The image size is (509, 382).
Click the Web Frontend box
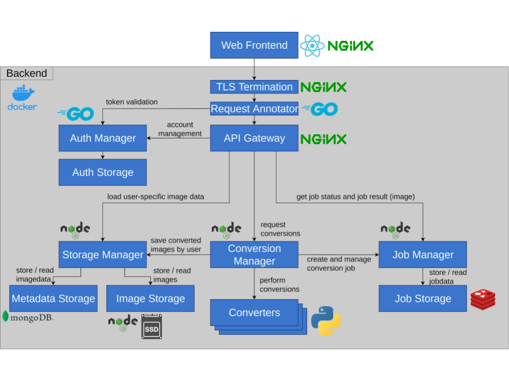[254, 45]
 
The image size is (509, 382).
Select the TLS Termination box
[254, 87]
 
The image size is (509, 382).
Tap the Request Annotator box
[254, 108]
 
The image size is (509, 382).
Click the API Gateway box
[254, 138]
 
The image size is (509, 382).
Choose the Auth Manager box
[102, 138]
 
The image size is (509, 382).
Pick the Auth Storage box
[102, 173]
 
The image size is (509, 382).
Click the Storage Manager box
[102, 255]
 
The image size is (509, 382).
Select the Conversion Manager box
[254, 255]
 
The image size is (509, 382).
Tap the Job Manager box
[423, 255]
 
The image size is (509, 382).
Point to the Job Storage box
[423, 298]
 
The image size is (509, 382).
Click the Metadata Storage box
[53, 298]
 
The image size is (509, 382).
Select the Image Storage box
[150, 298]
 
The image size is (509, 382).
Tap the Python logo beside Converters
[326, 320]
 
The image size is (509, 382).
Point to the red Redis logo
[483, 299]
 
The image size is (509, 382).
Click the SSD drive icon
[151, 327]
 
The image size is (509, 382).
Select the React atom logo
[312, 46]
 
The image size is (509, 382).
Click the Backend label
[27, 74]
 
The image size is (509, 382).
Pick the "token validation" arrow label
[132, 102]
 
